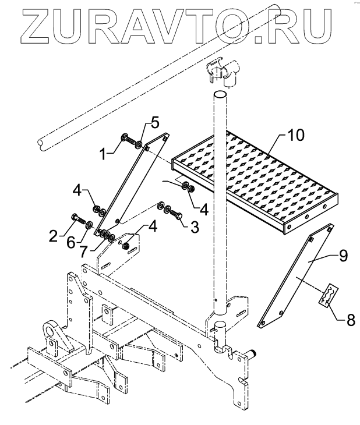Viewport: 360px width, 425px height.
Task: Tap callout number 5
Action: pyautogui.click(x=154, y=123)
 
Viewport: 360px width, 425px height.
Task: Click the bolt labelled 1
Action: pyautogui.click(x=127, y=138)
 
